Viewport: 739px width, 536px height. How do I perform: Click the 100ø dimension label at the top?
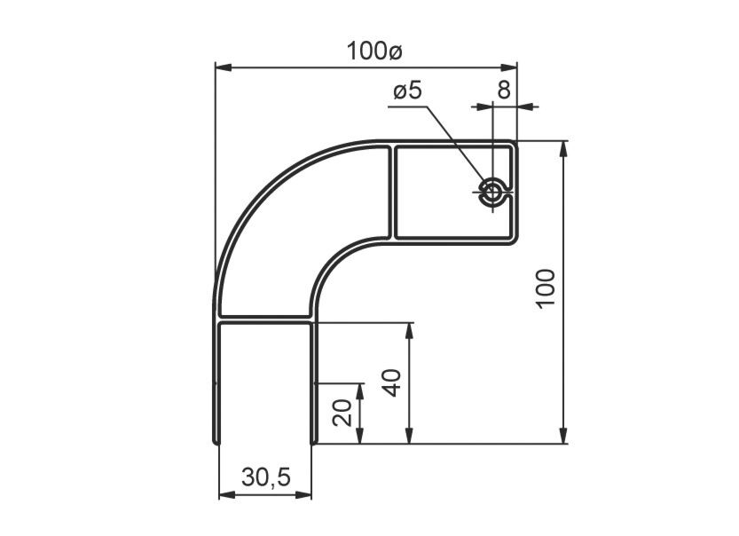coord(374,51)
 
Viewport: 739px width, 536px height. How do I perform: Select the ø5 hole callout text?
coord(407,90)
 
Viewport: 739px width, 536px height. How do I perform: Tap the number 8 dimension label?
coord(504,90)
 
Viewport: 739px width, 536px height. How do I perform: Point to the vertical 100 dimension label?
coord(546,288)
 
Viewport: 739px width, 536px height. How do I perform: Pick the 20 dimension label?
coord(342,413)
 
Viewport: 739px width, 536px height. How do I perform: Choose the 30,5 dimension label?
coord(266,477)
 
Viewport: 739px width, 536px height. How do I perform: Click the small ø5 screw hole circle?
coord(492,192)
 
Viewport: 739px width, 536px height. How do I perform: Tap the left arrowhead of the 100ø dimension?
coord(224,67)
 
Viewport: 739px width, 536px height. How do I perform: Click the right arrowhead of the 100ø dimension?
coord(508,67)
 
